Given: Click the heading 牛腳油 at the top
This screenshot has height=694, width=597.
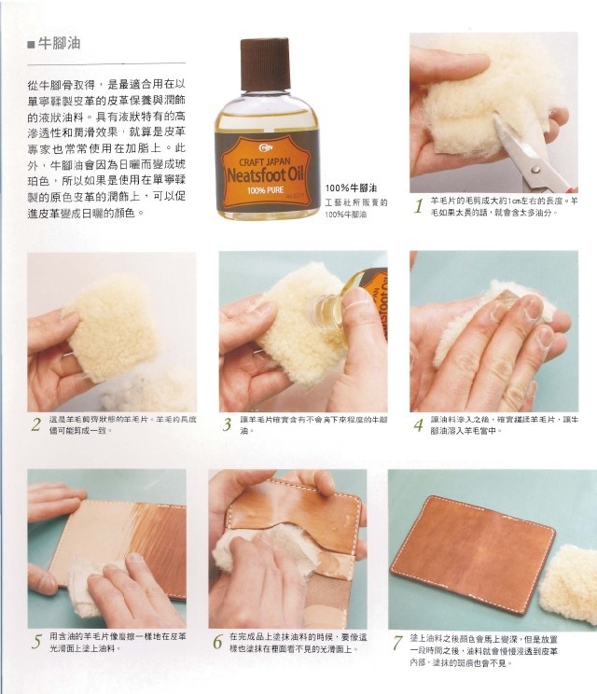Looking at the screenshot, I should click(x=64, y=43).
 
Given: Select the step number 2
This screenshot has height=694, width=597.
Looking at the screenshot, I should click(x=35, y=425).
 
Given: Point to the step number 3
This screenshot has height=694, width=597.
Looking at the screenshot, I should click(x=227, y=425).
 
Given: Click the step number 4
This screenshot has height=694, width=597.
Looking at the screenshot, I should click(x=419, y=425).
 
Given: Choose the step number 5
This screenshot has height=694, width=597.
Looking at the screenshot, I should click(x=35, y=642).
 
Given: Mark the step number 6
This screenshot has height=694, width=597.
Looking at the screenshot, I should click(x=217, y=642).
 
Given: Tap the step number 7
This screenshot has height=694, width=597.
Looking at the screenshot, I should click(x=397, y=642).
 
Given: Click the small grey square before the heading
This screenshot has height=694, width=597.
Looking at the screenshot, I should click(x=31, y=44).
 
